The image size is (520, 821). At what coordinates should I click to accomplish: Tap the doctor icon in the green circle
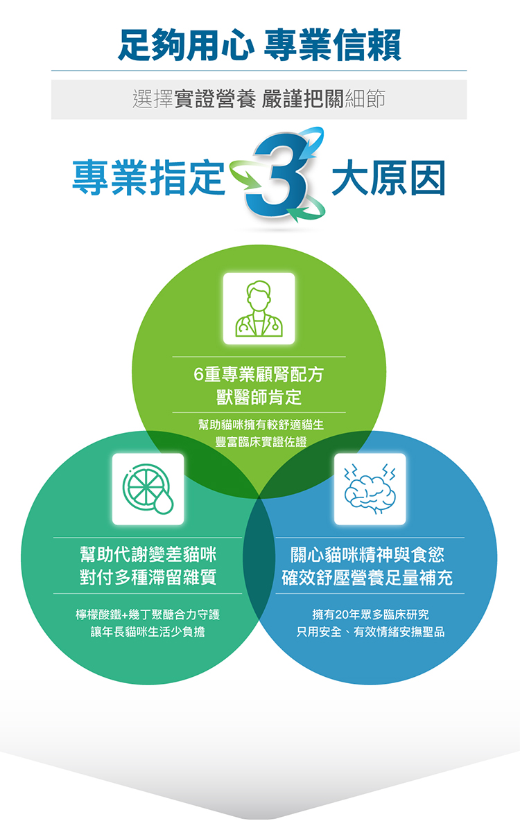(x=259, y=308)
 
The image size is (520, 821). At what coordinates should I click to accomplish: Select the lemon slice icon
(x=148, y=488)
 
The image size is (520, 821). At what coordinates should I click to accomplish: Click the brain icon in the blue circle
(x=370, y=488)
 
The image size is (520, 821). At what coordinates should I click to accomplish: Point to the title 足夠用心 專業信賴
(x=259, y=44)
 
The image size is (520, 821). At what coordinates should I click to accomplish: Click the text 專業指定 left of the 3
(x=149, y=178)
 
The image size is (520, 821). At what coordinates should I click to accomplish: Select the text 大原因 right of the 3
(x=388, y=178)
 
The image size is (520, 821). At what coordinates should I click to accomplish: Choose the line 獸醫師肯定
(x=259, y=398)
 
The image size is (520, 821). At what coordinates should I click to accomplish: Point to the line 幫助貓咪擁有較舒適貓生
(x=259, y=423)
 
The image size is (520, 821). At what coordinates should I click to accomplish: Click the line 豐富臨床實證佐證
(x=259, y=441)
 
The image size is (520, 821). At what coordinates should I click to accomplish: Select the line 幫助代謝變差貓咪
(x=148, y=555)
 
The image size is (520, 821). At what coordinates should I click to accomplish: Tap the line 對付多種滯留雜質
(x=148, y=578)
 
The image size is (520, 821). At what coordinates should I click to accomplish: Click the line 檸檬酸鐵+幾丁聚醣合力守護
(x=148, y=615)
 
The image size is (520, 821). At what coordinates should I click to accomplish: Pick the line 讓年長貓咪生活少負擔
(x=148, y=633)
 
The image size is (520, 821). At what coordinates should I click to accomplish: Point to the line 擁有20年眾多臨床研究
(x=370, y=615)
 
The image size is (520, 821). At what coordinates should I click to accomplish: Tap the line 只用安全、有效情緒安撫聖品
(x=370, y=633)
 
